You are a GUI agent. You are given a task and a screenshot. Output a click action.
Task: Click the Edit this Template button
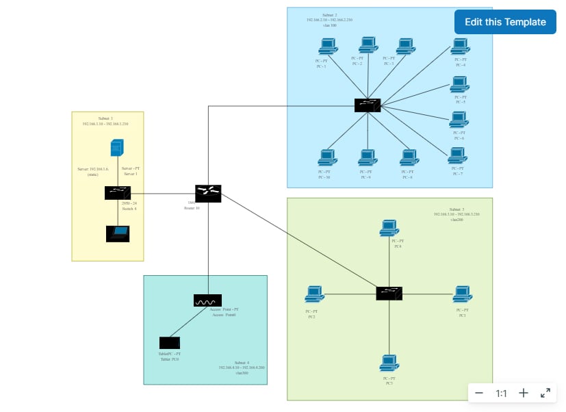(505, 22)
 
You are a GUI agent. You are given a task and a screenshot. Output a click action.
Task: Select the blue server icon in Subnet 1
(117, 148)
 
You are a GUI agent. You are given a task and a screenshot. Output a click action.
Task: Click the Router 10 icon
(207, 193)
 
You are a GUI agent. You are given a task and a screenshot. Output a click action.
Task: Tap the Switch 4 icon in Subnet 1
(118, 193)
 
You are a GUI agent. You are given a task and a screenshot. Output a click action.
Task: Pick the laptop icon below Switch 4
(118, 233)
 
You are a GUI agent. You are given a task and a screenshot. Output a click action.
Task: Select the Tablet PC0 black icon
(169, 343)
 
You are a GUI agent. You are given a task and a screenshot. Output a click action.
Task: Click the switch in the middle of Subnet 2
(368, 105)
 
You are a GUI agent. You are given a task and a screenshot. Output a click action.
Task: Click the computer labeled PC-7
(458, 156)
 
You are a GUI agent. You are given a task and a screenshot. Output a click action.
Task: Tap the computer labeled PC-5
(459, 85)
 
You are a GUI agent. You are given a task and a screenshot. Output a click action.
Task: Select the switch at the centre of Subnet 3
(389, 293)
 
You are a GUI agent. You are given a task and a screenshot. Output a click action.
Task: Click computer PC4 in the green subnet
(389, 228)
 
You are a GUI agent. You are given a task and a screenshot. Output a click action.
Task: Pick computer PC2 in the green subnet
(314, 294)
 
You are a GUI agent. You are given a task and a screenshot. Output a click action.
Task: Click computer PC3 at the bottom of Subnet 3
(389, 363)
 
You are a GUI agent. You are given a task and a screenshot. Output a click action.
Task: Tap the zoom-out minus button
(479, 393)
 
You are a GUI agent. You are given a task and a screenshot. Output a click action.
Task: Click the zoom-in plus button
(524, 393)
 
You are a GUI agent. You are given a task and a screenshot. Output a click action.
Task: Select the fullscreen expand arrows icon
(545, 393)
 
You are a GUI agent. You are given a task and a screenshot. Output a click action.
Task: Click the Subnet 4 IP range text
(242, 368)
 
